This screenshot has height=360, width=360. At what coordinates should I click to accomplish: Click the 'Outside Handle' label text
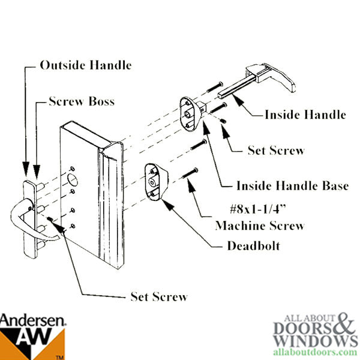click(85, 65)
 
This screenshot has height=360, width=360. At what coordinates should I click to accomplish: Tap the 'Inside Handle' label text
click(305, 114)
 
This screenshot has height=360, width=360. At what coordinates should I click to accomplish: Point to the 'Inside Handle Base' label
click(292, 185)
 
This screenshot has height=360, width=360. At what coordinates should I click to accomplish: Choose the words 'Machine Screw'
click(260, 226)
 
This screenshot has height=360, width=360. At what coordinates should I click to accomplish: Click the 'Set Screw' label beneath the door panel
click(158, 296)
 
